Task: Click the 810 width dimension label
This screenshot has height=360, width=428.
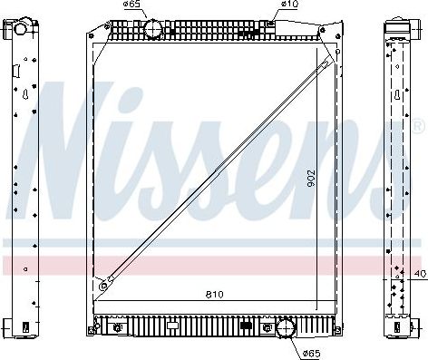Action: [214, 295]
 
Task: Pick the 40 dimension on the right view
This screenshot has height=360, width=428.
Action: [418, 273]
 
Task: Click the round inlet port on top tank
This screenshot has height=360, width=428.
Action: [152, 30]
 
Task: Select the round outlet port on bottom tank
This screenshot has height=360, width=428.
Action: [285, 328]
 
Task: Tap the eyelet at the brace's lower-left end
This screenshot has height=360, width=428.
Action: [104, 286]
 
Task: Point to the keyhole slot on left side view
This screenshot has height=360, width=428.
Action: [25, 94]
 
